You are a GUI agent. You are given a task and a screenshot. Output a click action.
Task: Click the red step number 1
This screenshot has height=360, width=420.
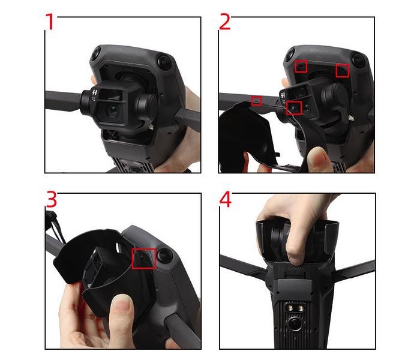point(50,22)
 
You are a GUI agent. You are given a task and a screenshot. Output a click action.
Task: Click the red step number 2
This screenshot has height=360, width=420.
point(225,22)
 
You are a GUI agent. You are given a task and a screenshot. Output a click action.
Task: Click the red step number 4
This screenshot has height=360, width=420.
point(226,199)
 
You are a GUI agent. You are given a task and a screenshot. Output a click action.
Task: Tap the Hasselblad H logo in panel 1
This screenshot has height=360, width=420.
point(95,92)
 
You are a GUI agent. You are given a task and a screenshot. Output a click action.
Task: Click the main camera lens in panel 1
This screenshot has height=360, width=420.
point(112,111)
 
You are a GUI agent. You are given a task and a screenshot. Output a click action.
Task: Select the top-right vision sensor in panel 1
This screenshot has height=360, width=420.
point(164,61)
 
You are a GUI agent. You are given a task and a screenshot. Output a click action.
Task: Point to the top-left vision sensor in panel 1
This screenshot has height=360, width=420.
point(95,55)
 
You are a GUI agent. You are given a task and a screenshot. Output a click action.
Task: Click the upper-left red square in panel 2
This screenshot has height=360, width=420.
point(301,66)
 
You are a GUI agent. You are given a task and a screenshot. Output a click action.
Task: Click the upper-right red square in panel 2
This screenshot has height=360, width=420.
point(343,70)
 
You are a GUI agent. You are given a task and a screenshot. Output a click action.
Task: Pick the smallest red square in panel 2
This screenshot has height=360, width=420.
point(256,101)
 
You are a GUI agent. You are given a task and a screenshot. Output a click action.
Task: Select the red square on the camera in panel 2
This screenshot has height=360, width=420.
point(294,108)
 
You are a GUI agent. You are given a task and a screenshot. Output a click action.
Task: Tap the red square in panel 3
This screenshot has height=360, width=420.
point(144,258)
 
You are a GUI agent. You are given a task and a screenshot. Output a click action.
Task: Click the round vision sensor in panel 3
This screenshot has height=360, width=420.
point(164,256)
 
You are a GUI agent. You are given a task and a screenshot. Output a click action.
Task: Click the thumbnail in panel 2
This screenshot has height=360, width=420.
point(317,158)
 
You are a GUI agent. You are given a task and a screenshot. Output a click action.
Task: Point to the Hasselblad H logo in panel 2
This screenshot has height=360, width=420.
point(283,95)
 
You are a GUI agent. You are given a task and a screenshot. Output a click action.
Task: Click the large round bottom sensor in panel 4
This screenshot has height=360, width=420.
point(295,325)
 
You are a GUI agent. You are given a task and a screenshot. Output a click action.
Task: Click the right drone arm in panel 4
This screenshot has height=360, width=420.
point(353,269)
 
